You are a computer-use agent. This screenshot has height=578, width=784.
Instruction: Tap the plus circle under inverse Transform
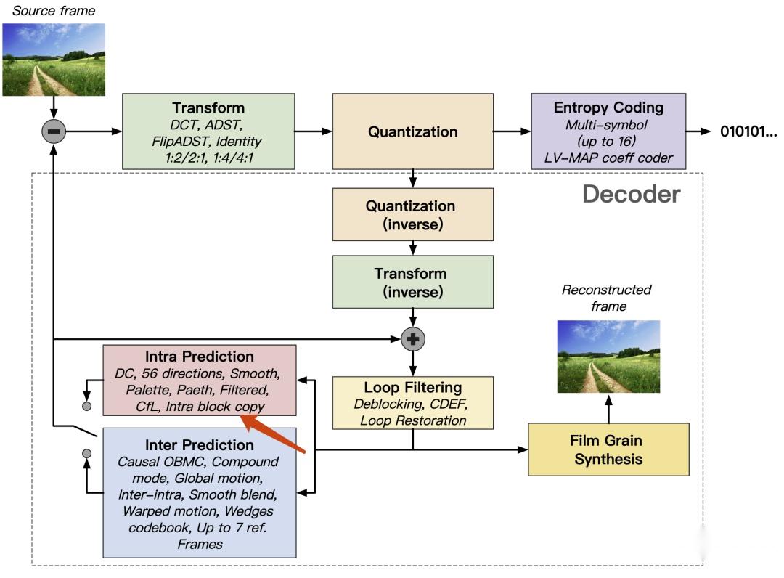pos(412,338)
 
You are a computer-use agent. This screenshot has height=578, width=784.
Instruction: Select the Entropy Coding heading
pos(608,107)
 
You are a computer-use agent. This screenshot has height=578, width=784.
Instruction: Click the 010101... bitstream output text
pos(748,131)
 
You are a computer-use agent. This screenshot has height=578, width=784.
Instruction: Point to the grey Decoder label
pos(632,195)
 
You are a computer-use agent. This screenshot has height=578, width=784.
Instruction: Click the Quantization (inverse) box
pos(412,215)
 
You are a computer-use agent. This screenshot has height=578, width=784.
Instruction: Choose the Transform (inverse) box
pos(412,282)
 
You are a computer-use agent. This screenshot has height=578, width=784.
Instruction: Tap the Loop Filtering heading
pos(412,387)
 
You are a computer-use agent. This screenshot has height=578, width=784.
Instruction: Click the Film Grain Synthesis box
pos(608,449)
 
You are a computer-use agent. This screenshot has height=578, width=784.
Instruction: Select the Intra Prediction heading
pos(200,357)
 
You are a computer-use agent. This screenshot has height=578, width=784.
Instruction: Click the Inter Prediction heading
pos(200,445)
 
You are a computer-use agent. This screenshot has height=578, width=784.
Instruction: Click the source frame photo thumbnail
pos(54,60)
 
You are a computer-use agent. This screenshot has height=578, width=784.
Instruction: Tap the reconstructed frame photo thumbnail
pos(608,356)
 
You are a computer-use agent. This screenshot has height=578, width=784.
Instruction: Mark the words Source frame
pos(54,11)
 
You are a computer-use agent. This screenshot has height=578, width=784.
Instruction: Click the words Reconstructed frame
pos(608,298)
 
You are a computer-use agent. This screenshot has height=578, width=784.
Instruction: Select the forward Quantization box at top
pos(412,131)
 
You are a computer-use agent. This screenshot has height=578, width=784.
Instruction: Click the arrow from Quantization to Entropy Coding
pos(512,131)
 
